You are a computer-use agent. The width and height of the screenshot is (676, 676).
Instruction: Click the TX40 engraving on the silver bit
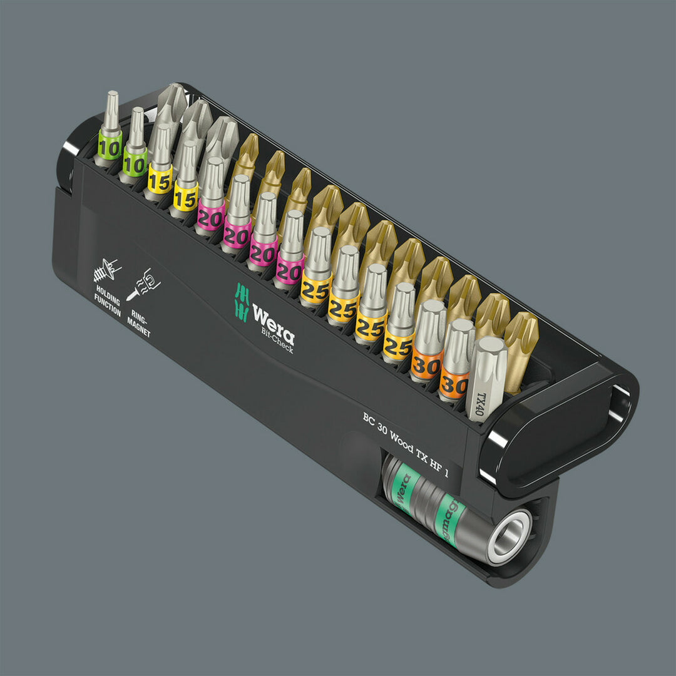point(481,404)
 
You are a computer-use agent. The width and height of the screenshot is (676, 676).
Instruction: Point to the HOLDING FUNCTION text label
point(108,301)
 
